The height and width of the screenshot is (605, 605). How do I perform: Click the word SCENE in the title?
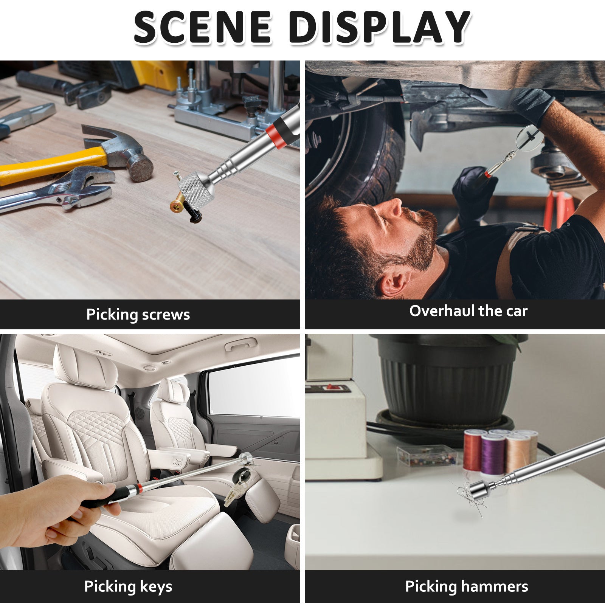point(203,27)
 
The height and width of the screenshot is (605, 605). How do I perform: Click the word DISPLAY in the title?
point(380,27)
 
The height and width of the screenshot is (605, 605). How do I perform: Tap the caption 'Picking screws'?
point(138,315)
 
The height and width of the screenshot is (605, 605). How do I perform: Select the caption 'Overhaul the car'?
point(468,311)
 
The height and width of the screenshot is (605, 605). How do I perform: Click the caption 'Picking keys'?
point(128,586)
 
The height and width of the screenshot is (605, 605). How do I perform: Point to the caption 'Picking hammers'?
point(467,586)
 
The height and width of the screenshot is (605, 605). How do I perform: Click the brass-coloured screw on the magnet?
point(178,203)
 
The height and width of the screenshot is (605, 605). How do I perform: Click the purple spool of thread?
point(493,455)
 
